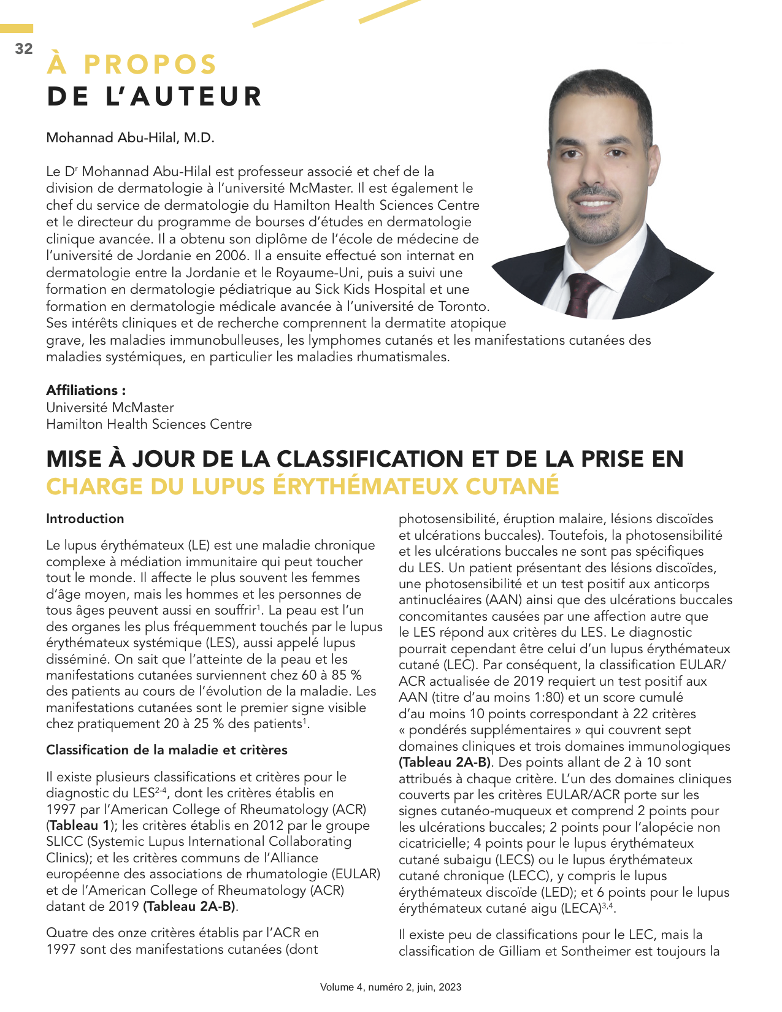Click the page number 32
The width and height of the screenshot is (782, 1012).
point(24,49)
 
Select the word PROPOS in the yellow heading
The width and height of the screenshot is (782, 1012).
point(150,65)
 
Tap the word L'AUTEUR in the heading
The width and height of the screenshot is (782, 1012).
point(184,97)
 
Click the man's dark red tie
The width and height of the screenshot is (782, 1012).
point(581,294)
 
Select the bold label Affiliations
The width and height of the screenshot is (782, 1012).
point(86,390)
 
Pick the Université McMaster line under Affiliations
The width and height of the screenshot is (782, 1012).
point(110,407)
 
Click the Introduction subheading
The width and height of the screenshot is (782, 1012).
point(85,519)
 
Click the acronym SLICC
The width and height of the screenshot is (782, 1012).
point(65,841)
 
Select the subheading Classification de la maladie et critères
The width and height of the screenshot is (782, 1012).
point(166,750)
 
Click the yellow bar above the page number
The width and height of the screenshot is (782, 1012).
point(17,29)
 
